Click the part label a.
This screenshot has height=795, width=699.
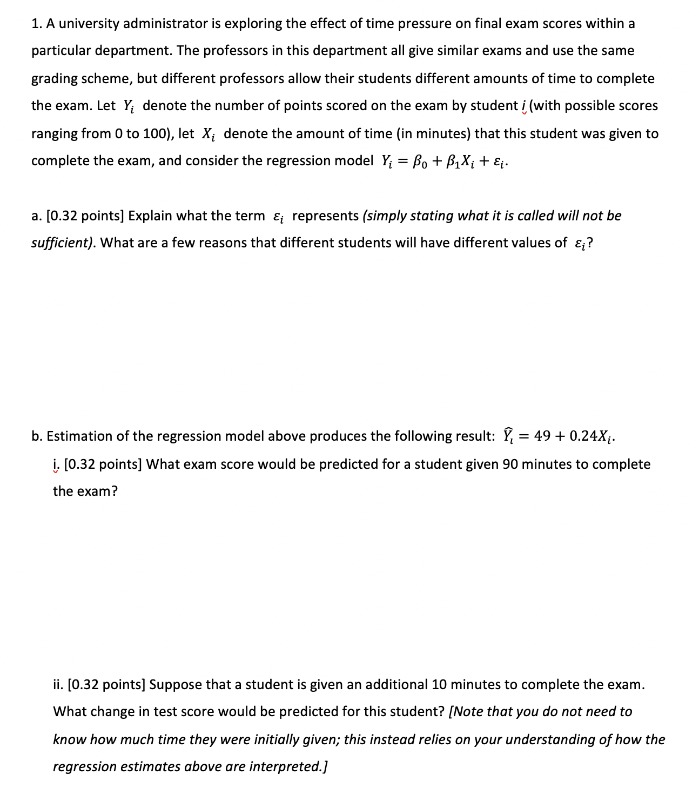(x=36, y=216)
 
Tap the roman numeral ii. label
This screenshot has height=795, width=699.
(x=58, y=685)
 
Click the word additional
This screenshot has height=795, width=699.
(x=396, y=685)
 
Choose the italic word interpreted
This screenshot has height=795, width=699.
(x=287, y=767)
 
